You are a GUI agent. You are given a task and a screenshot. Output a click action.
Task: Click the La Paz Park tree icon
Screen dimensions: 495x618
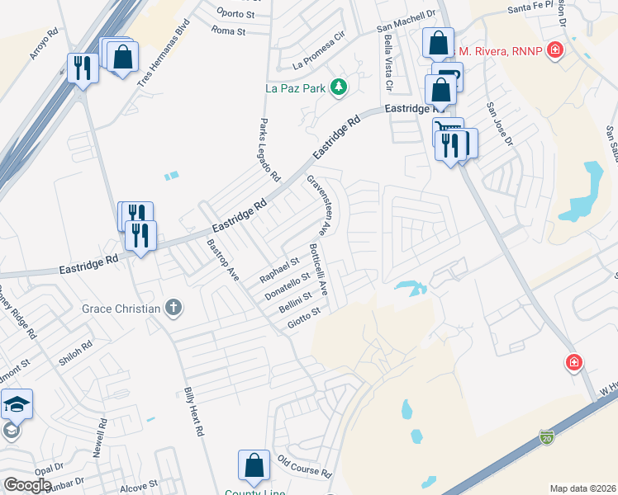coord(338,86)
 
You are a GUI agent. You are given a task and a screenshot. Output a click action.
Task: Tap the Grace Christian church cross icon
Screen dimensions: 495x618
coord(173,309)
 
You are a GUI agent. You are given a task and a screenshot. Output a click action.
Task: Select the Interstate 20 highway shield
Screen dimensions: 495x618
coord(546,435)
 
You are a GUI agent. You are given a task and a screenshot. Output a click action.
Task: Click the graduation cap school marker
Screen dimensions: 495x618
coord(17,404)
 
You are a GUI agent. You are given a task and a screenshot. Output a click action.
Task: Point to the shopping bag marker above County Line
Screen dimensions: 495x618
coord(254,466)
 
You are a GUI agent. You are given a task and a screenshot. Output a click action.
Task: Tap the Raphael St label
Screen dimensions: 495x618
coord(279,269)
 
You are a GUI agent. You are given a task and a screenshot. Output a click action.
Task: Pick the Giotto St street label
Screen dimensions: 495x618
coord(303,317)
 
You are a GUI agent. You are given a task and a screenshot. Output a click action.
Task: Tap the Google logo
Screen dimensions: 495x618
coord(27,485)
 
